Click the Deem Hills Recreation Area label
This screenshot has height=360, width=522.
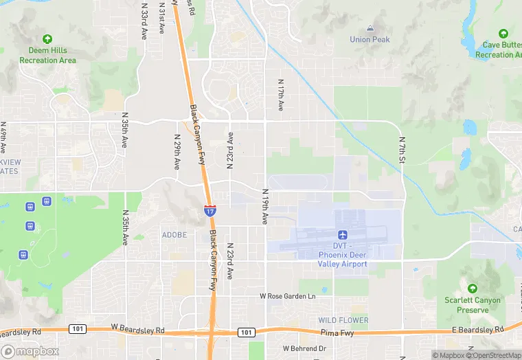(47, 56)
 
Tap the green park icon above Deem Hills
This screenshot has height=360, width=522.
(47, 39)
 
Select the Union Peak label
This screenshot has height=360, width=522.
(370, 40)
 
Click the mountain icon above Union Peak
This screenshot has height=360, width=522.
(370, 29)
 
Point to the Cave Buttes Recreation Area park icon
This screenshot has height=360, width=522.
(503, 34)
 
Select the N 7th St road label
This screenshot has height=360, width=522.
(402, 149)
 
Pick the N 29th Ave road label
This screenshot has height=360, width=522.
(176, 153)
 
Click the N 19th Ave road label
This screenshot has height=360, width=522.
(264, 206)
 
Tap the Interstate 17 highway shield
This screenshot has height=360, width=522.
(209, 211)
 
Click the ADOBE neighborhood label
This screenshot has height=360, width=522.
(174, 235)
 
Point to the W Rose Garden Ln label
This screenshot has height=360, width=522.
(287, 296)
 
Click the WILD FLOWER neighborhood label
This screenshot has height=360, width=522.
(343, 320)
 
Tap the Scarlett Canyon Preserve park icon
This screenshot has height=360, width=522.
(472, 289)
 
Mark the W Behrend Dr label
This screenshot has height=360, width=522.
(304, 348)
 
